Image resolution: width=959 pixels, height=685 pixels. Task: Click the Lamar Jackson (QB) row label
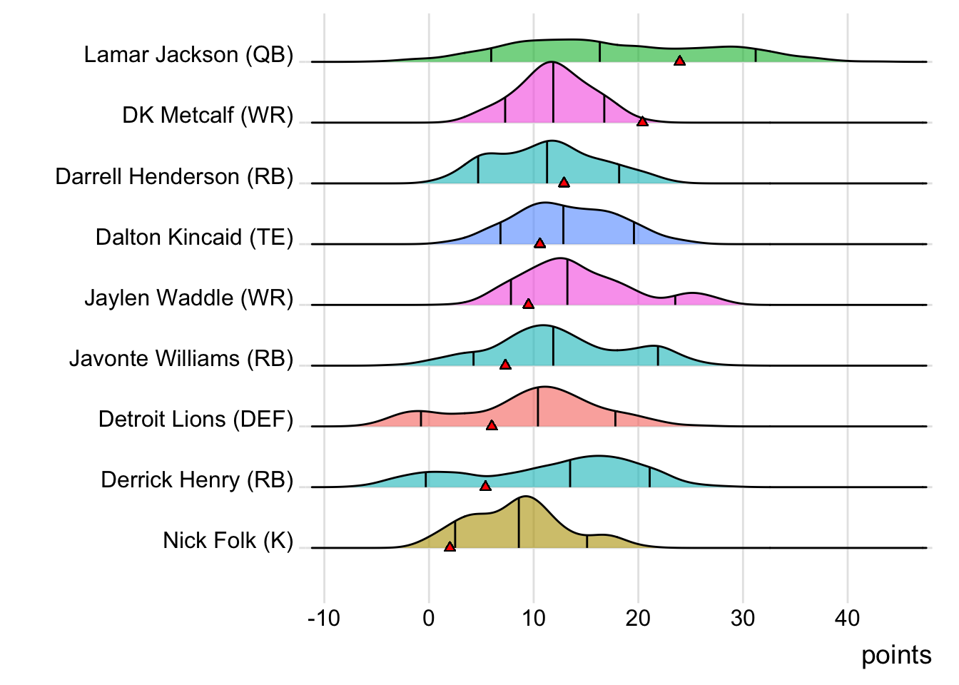[188, 55]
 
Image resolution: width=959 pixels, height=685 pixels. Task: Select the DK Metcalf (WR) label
[208, 116]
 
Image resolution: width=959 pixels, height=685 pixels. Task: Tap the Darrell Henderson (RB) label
[174, 176]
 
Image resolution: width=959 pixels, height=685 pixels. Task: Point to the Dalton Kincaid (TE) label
[194, 237]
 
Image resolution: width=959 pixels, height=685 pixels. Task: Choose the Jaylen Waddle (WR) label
[188, 298]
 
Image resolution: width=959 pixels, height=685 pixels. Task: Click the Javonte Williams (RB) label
[181, 358]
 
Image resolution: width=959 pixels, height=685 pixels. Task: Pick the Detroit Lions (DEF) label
[196, 419]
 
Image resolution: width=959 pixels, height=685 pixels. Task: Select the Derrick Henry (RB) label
[197, 479]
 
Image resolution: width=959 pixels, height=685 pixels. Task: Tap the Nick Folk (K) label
[228, 540]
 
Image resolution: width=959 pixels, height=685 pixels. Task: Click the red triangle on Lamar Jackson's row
[680, 61]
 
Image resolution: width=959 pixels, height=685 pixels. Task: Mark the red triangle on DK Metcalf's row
[642, 122]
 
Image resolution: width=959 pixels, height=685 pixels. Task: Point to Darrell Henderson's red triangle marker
[564, 183]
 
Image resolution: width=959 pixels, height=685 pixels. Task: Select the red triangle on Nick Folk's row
[450, 547]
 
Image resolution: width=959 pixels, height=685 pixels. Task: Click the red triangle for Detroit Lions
[492, 425]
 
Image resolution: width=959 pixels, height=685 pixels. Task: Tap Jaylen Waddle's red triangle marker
[528, 304]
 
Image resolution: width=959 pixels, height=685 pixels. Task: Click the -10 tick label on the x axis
[324, 618]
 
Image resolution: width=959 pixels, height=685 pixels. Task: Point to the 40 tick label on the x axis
[848, 618]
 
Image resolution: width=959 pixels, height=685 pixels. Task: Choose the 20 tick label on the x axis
[638, 618]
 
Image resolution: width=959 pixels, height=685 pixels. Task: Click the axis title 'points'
[896, 655]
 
